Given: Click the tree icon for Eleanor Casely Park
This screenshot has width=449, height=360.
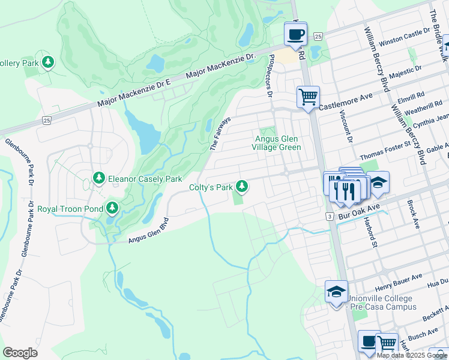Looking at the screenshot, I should [x=99, y=178].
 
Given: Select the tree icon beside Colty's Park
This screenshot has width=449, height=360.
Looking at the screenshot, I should [x=242, y=187].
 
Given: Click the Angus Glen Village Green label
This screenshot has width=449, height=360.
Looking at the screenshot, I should [x=276, y=143].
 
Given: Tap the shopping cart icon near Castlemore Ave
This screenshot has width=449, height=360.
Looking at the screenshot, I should [x=308, y=96].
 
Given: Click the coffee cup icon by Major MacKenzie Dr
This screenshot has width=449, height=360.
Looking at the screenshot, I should [x=295, y=34].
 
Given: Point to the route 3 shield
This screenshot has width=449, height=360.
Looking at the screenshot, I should [x=330, y=215].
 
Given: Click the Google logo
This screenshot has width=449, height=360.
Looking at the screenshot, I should [x=20, y=353].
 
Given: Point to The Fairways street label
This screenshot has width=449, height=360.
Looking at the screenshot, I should [x=220, y=133].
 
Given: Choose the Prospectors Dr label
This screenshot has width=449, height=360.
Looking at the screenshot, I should [x=269, y=76].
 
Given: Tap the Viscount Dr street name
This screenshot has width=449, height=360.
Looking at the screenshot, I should [x=349, y=128].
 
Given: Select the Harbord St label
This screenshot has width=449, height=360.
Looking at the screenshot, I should [x=369, y=232].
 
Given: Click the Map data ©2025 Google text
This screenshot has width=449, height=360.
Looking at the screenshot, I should [x=412, y=355].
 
